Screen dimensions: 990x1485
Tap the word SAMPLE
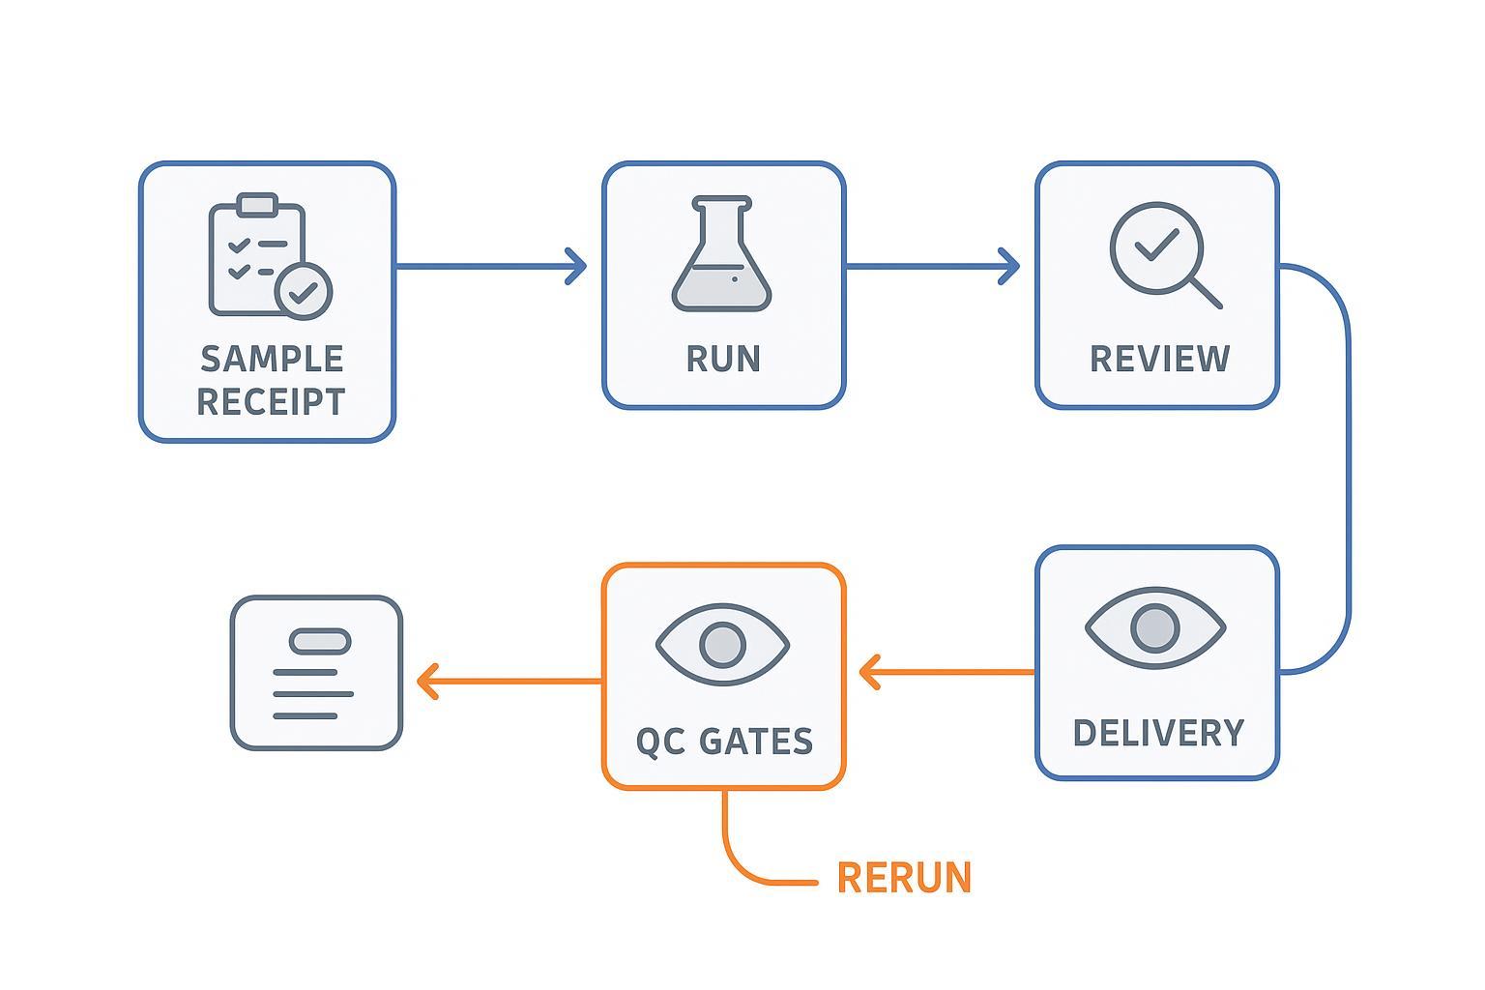272,359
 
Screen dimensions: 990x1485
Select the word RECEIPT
271,402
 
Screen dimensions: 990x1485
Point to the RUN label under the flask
723,359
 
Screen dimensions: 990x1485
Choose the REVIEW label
1159,359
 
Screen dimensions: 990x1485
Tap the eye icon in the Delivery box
1155,628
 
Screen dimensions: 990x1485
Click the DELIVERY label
1158,733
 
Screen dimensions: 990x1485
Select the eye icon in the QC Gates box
722,645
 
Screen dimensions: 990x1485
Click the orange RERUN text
904,878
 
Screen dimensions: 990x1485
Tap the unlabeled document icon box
316,673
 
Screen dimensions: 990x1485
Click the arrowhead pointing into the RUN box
577,266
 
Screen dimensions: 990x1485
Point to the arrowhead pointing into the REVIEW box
1010,266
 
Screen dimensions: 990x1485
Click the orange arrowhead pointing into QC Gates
868,672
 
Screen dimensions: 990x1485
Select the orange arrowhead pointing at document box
426,681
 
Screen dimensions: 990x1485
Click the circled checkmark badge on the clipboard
304,290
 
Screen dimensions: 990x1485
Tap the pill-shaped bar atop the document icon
320,640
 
